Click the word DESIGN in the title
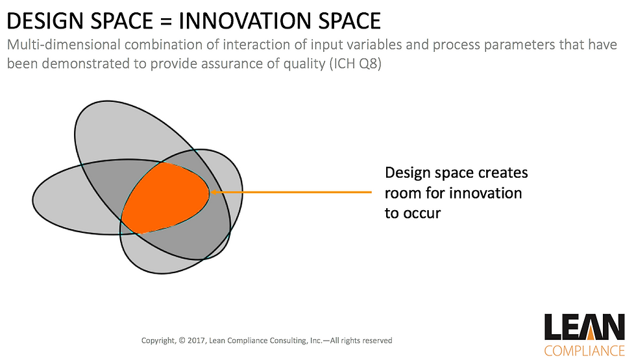pos(45,21)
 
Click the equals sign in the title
pos(166,21)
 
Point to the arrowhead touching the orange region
pos(214,192)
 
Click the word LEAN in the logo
pos(585,327)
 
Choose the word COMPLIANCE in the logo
pos(585,350)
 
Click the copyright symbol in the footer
pos(182,341)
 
